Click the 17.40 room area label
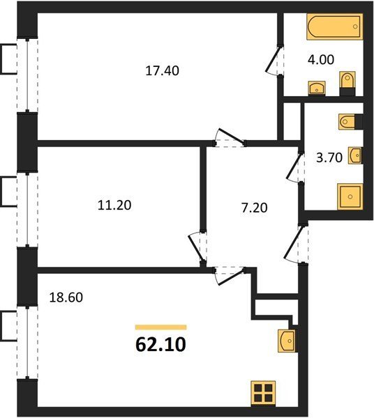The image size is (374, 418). click(x=162, y=71)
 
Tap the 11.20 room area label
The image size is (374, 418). click(x=114, y=206)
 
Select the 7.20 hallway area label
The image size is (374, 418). click(x=255, y=208)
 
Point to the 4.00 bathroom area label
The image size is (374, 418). click(x=320, y=59)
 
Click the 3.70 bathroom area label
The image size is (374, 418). click(x=329, y=157)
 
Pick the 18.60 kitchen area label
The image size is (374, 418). click(x=66, y=297)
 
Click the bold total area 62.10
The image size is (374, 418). click(x=160, y=344)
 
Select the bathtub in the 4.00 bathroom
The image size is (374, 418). click(x=335, y=26)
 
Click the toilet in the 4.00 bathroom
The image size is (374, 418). click(x=347, y=84)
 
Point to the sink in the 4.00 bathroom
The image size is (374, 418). click(x=317, y=88)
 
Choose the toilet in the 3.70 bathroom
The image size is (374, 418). click(x=350, y=122)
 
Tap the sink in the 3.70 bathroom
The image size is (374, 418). click(x=355, y=155)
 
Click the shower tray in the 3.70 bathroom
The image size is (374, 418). click(x=350, y=196)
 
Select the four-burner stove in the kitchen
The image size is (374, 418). click(x=263, y=394)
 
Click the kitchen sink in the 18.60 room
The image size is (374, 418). click(x=287, y=341)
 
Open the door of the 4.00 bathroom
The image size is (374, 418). click(x=274, y=60)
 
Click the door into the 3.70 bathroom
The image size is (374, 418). click(x=295, y=168)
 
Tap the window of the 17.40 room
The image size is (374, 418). click(x=27, y=75)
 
